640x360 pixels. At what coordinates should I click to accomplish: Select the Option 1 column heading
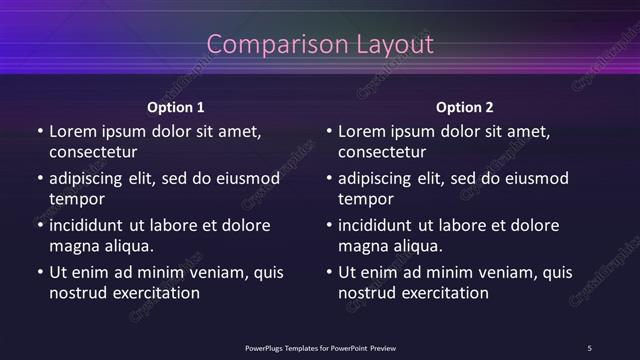coord(176,107)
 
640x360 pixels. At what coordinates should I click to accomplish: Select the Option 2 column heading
coord(465,107)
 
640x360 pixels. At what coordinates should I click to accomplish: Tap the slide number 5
coord(589,348)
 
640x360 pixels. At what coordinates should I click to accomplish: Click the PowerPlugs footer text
coord(320,348)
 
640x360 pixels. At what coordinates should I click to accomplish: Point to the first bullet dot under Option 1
coord(40,131)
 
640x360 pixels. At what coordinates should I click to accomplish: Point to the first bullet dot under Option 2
coord(329,131)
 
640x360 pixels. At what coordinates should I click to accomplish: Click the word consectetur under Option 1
coord(93,153)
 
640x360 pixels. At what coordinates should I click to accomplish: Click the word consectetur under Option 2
coord(382,153)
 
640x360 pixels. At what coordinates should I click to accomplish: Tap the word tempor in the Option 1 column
coord(76,199)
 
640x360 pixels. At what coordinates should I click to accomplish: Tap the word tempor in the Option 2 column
coord(365,199)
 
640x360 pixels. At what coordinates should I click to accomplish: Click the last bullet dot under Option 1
coord(40,272)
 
